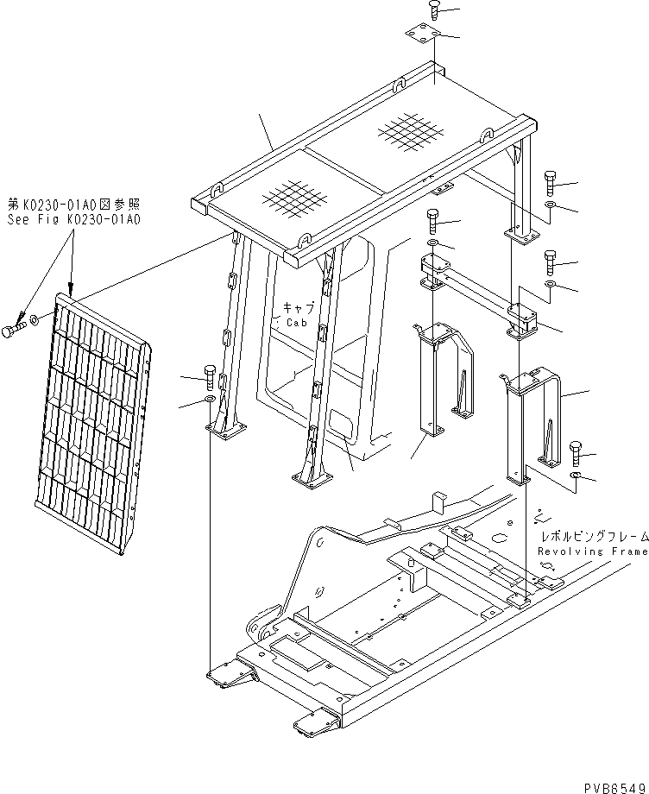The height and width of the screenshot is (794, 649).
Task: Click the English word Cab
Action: coord(295,322)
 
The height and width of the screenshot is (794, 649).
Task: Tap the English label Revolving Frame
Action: coord(591,551)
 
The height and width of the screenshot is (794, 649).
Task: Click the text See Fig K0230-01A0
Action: coord(73,219)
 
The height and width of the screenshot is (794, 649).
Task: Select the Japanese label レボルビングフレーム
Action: coord(591,536)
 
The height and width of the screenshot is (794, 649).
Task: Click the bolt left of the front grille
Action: coord(13,331)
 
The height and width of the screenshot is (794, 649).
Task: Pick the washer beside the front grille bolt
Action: coord(33,322)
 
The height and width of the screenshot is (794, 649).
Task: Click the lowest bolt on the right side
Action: coord(577,451)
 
